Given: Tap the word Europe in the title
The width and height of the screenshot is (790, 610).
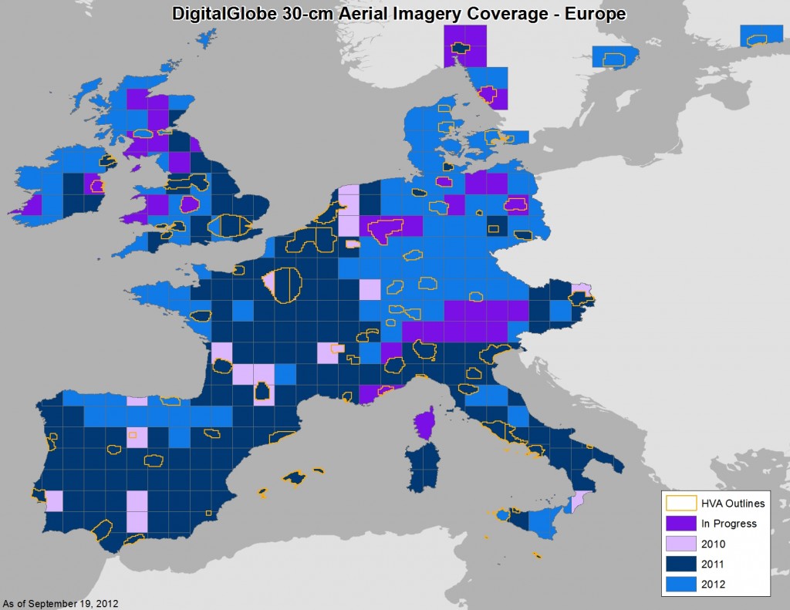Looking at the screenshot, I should coord(594,14).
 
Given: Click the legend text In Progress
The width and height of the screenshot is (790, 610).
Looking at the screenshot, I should coord(728,524).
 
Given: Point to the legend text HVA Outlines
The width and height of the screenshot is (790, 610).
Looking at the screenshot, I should coord(732,504).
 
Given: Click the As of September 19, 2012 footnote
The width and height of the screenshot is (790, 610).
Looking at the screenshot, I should coord(61,603).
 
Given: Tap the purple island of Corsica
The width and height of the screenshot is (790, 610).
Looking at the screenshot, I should coord(424,424).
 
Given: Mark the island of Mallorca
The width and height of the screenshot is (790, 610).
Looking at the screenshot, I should coord(295,478).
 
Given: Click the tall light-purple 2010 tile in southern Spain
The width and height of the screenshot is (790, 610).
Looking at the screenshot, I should coord(137,511).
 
